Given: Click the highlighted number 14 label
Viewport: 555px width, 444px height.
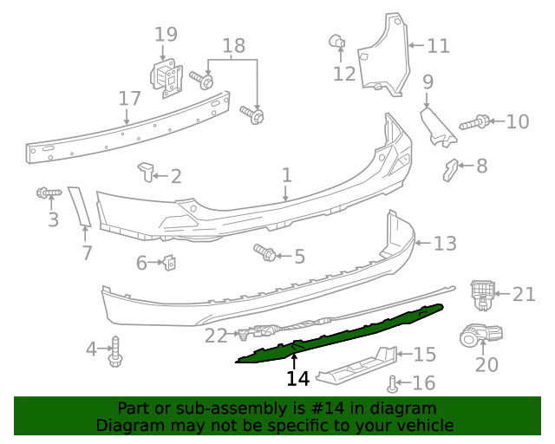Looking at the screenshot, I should coord(297,379).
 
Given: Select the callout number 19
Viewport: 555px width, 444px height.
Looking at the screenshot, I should coord(166,35).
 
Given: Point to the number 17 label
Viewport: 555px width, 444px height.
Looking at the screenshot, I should coord(129,98).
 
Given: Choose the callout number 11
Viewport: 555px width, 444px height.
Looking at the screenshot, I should coord(439,45).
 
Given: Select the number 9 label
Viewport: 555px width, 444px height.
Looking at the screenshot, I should coord(428,82).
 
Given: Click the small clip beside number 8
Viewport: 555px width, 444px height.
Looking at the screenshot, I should coord(449,168).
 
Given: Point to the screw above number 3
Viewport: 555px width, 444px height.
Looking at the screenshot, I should coord(47,192).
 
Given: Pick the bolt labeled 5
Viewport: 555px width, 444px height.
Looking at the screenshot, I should coord(265,253).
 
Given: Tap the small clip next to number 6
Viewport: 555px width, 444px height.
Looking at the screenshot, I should coord(170,260).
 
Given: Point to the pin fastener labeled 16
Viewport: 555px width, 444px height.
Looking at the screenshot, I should coord(393,382).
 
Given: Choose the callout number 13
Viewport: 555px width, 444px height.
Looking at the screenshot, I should coord(445,245).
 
